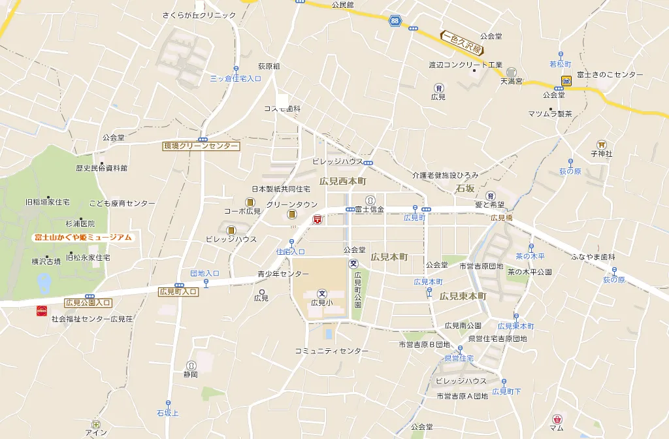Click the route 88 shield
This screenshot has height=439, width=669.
point(394,21)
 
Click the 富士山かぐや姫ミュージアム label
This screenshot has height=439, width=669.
point(83,237)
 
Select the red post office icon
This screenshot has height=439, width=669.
point(318,220)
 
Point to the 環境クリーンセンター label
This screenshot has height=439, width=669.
point(201,146)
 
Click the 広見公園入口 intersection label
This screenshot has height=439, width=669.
point(88,302)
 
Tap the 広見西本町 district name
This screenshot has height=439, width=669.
point(342,180)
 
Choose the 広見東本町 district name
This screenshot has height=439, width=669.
point(463,296)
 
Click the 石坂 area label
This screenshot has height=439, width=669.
point(465,189)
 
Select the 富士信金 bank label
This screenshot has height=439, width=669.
point(369,210)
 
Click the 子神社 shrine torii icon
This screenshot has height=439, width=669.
point(601,144)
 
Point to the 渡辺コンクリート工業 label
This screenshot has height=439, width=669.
point(465,65)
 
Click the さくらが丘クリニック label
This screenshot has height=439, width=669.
point(199,15)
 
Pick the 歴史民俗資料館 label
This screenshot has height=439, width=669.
point(101,168)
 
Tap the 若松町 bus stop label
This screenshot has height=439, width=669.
point(561,64)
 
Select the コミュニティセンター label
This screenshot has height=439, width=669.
point(331,351)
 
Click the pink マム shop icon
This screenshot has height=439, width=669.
point(557,419)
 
